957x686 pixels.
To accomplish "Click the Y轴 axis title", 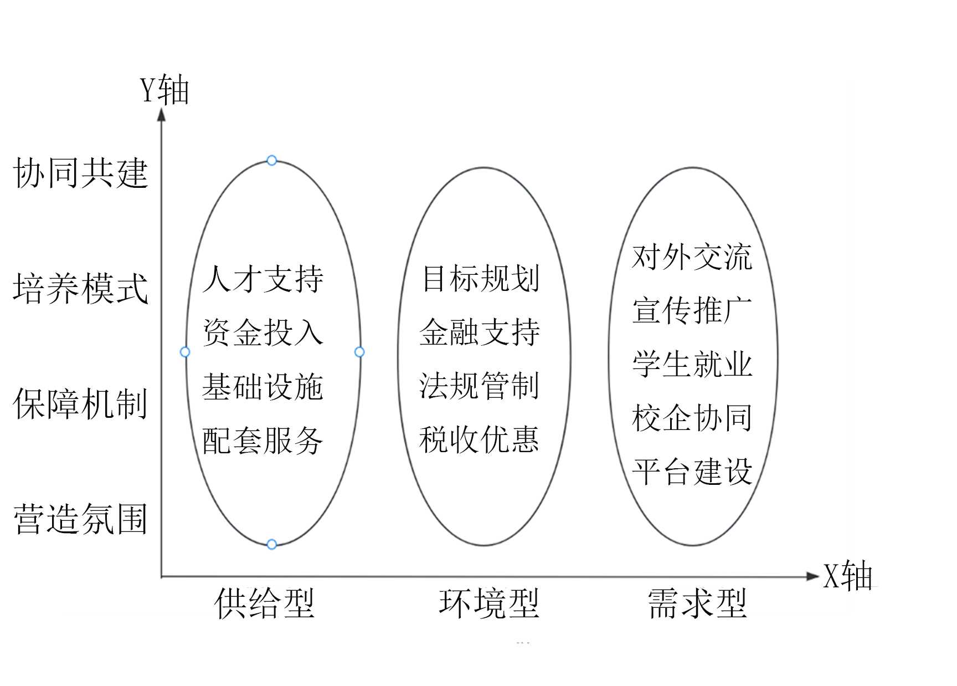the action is coord(164,90).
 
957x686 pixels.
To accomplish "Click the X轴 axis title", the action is coord(847,576).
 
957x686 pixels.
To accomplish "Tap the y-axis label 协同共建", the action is coord(81,172).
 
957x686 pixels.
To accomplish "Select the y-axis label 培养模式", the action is coord(81,288).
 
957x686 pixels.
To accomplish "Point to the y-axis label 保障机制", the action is coord(81,403).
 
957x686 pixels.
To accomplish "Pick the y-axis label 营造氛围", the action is coord(81,519).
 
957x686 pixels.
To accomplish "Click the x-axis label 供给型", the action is coord(265,603).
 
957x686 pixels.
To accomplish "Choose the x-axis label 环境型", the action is coord(489,603).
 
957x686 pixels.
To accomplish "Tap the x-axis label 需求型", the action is coord(698,603).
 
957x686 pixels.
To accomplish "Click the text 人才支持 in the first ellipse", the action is coord(263,279).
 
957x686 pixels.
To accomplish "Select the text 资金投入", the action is coord(263,332).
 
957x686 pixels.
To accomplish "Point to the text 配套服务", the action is coord(263,441).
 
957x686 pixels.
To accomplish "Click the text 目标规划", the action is coord(480,278).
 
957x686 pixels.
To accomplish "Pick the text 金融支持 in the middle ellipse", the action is coord(480,332).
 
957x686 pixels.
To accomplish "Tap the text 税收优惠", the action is coord(479,440).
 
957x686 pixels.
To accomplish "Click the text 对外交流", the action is coord(692,257).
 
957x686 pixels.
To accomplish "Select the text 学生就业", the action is coord(692,364).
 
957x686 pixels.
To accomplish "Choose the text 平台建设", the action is coord(692,472).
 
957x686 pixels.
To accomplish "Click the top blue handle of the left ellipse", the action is coord(271,161).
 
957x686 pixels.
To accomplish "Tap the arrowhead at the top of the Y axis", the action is coord(162,115).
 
